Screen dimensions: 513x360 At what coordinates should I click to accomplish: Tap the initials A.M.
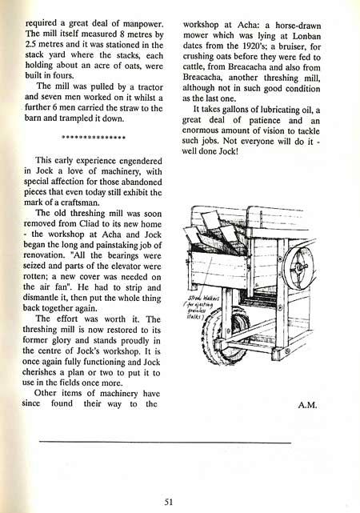309,405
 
